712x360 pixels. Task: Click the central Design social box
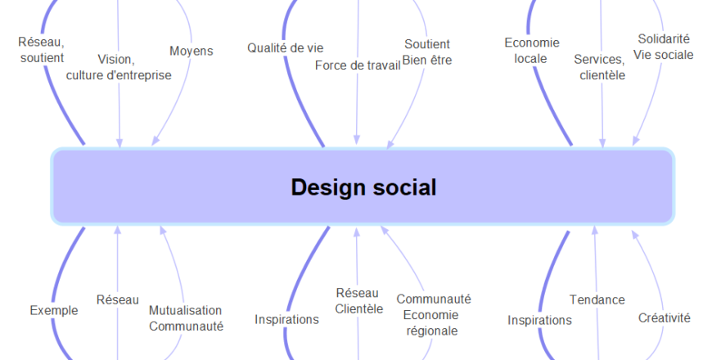click(363, 186)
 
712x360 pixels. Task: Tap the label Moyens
click(192, 51)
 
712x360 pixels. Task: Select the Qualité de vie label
click(285, 47)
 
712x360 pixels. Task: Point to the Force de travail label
click(358, 65)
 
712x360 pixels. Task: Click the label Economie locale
click(532, 51)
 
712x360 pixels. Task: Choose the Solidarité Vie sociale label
click(664, 47)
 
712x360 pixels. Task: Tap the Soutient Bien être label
click(427, 52)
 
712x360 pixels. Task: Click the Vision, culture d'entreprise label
click(119, 67)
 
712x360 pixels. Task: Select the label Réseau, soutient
click(42, 50)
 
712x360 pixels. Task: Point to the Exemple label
click(54, 311)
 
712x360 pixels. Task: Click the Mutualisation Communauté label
click(186, 318)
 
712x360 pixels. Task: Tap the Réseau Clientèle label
click(358, 300)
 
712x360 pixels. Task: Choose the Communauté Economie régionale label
click(433, 315)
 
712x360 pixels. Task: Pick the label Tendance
click(597, 299)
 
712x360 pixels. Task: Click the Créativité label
click(664, 317)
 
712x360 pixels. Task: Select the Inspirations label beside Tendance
click(539, 320)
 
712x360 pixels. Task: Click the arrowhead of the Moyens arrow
click(155, 142)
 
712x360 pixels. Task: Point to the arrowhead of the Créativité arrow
click(635, 235)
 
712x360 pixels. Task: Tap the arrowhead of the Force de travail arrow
click(357, 139)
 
